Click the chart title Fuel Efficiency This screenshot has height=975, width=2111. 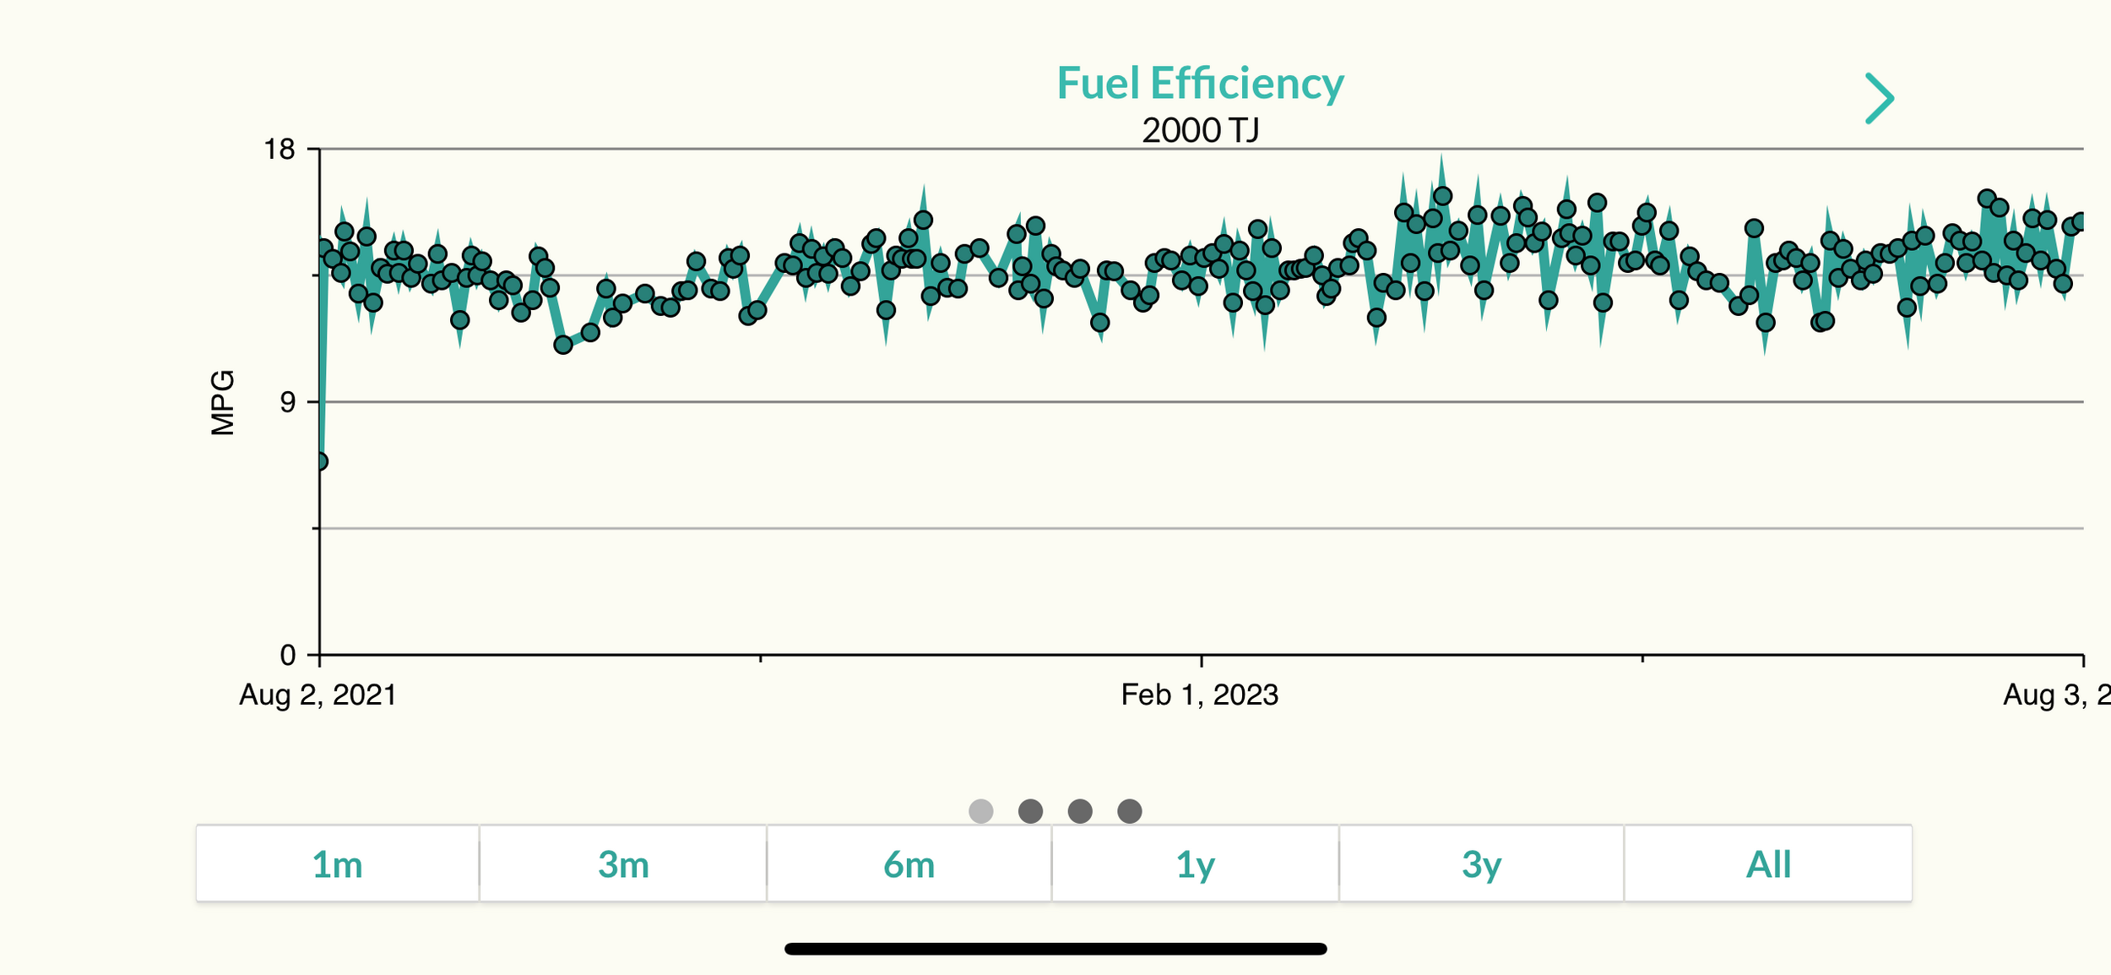(1200, 84)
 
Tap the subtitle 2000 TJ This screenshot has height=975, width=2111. (1200, 130)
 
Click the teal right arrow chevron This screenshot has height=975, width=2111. (1880, 98)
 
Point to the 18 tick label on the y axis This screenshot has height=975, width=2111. (279, 150)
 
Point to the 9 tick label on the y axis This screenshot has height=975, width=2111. (288, 402)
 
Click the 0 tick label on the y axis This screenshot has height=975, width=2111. (288, 655)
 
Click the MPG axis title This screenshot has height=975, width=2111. (223, 402)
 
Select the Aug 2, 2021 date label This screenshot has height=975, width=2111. (318, 694)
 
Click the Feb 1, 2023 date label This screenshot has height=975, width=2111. (1199, 694)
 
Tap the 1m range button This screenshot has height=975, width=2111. (338, 865)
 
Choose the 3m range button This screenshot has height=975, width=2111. (623, 865)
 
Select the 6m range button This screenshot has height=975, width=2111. (909, 865)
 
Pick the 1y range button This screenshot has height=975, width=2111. (1195, 865)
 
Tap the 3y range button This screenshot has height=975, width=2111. (1481, 865)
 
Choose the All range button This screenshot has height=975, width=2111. (1768, 865)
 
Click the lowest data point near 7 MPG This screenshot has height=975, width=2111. (320, 461)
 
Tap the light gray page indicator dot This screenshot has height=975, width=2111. (981, 811)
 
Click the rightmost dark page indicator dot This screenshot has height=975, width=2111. (1130, 811)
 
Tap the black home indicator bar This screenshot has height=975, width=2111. (1055, 949)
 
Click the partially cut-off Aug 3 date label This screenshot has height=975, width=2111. (2057, 694)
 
